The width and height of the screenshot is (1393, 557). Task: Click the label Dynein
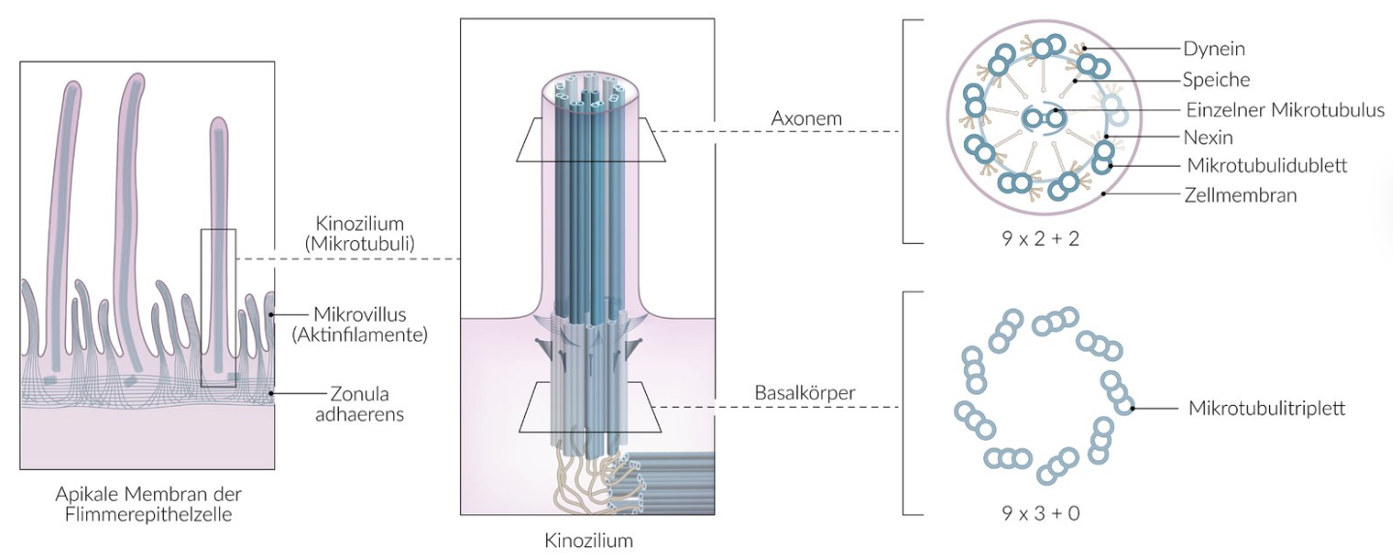(1213, 47)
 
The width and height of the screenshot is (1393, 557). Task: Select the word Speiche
(1216, 79)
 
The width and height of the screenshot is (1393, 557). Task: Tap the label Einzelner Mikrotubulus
(1285, 110)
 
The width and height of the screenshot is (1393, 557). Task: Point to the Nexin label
(1207, 138)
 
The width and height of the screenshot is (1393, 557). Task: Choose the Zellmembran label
(1240, 195)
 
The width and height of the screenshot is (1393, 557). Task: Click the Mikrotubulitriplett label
(1266, 408)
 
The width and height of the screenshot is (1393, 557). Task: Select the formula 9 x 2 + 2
(1041, 236)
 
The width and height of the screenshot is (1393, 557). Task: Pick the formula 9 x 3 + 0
(1041, 512)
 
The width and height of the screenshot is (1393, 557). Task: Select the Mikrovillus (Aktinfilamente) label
(357, 325)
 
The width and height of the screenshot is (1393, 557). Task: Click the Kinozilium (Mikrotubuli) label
(359, 234)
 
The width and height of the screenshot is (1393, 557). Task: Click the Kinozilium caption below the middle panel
(588, 540)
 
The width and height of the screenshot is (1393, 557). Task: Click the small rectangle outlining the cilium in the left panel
(218, 308)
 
